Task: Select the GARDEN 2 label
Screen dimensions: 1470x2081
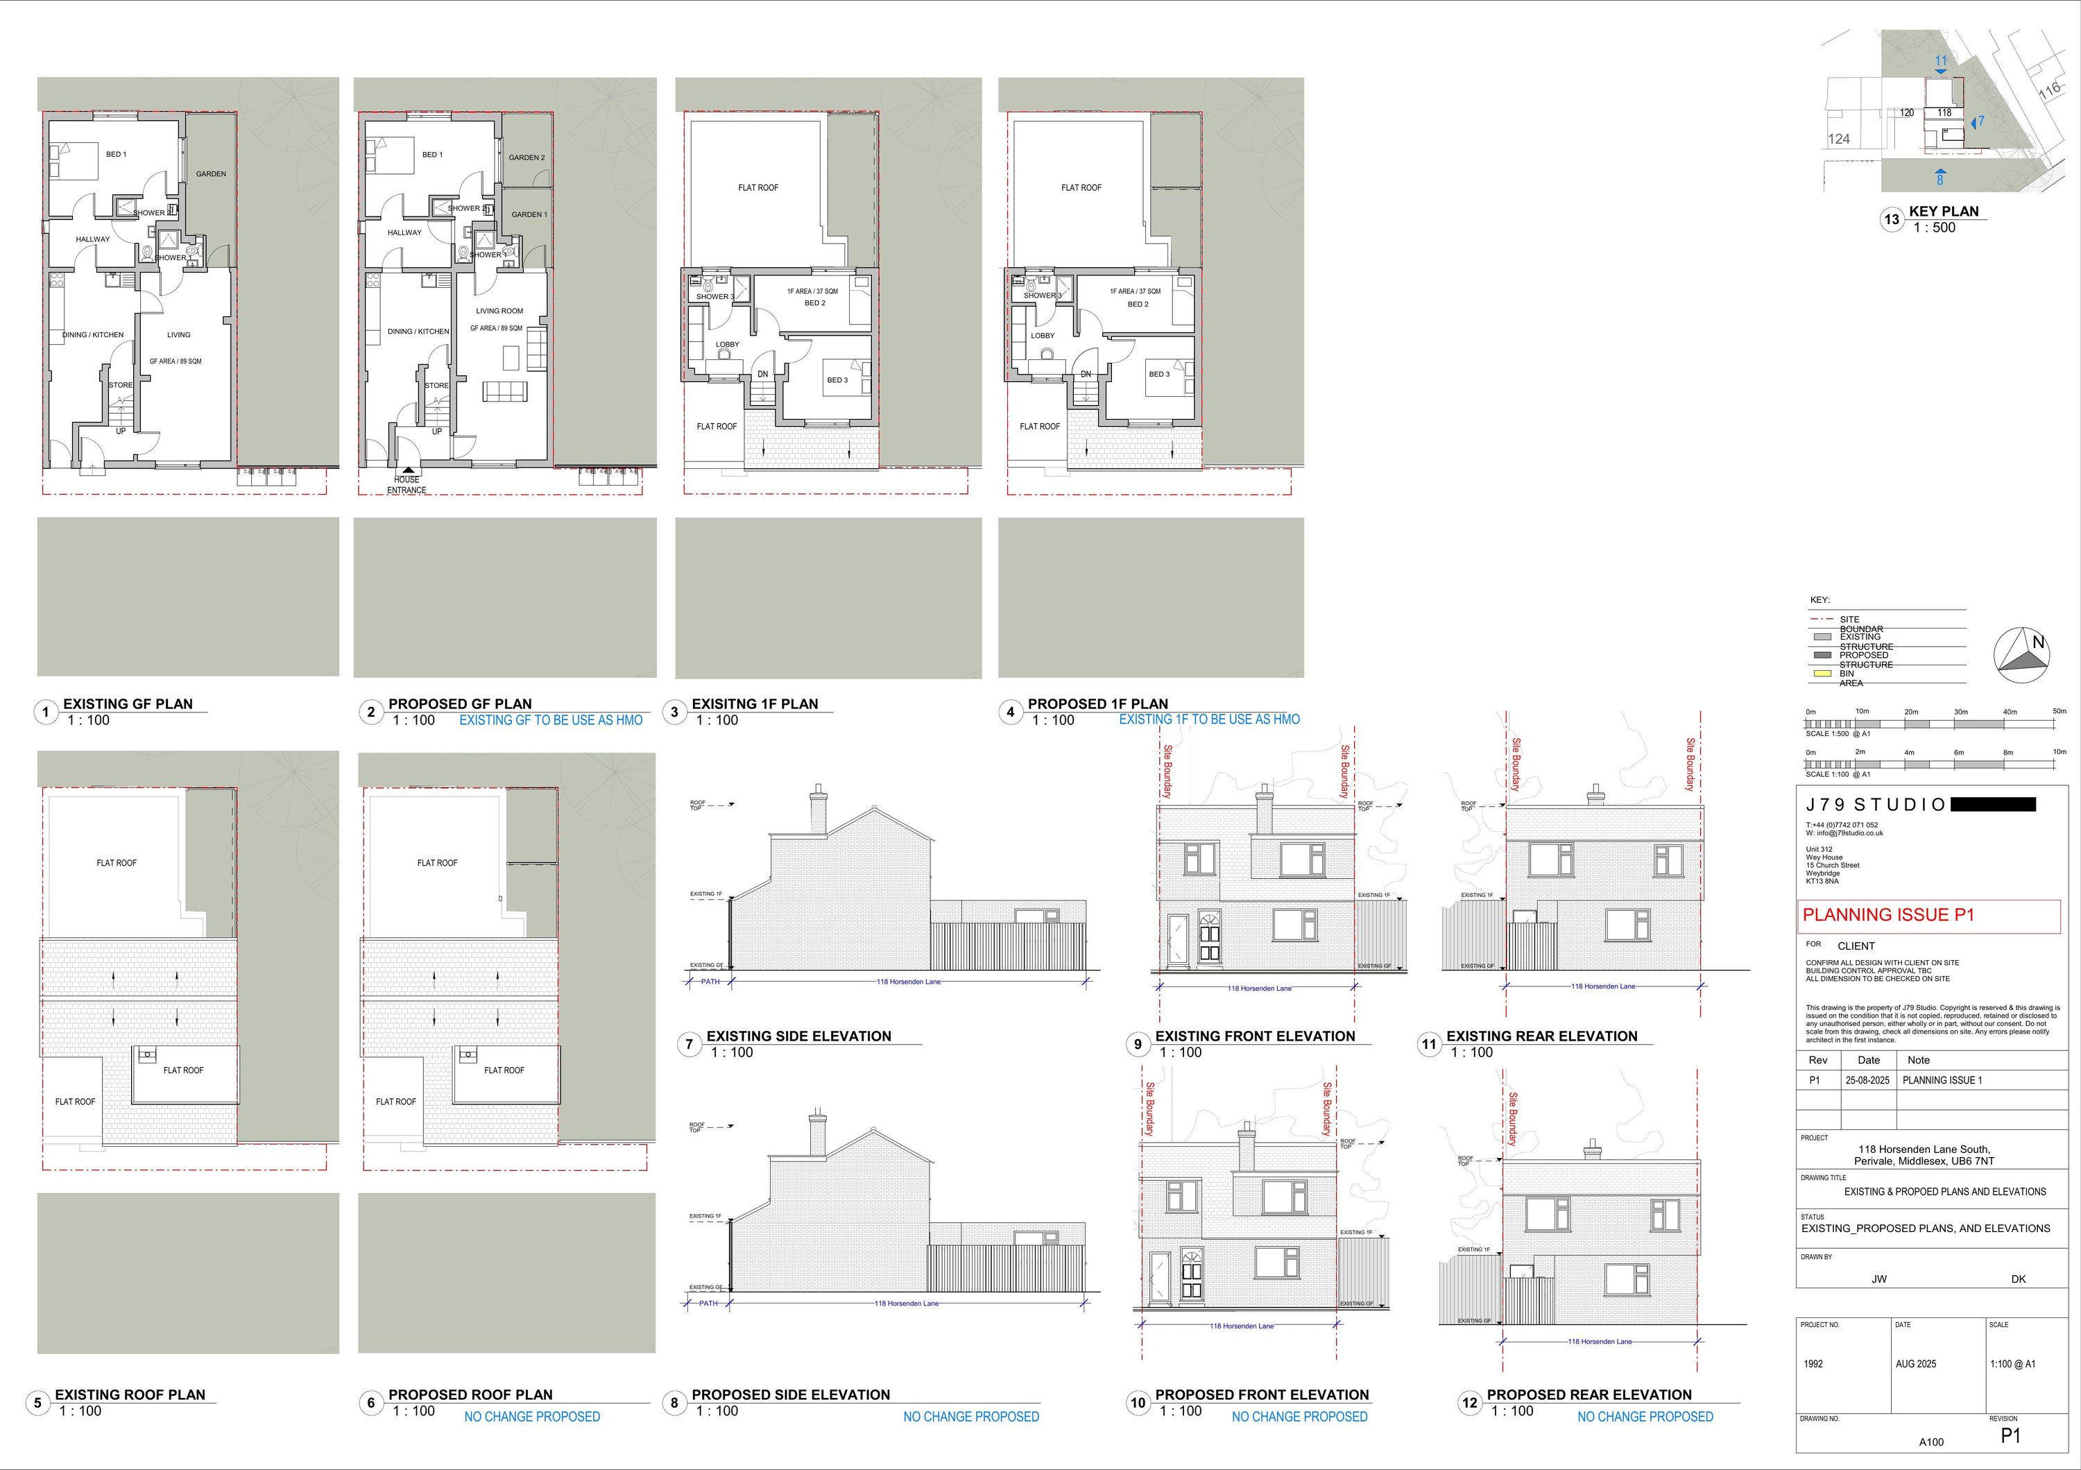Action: [526, 157]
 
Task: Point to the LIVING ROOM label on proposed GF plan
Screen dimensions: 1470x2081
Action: [499, 311]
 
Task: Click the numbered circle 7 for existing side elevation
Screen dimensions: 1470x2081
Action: [689, 1044]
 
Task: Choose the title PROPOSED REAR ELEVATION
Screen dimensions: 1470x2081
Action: [1589, 1395]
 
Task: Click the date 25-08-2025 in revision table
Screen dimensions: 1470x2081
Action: [1868, 1080]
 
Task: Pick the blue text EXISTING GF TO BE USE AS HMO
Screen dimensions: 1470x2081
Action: [551, 721]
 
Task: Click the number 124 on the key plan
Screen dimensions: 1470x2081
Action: [1839, 139]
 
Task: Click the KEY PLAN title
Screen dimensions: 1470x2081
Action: [1944, 211]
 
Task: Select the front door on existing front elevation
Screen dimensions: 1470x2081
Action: [1208, 937]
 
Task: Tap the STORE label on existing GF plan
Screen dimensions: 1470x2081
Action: [121, 385]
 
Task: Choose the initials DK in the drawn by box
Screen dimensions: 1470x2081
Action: [2019, 1279]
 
